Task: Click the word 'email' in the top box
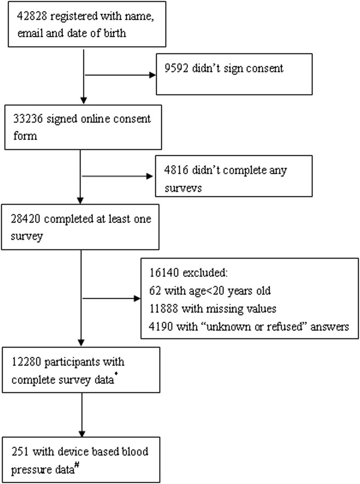pos(22,34)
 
